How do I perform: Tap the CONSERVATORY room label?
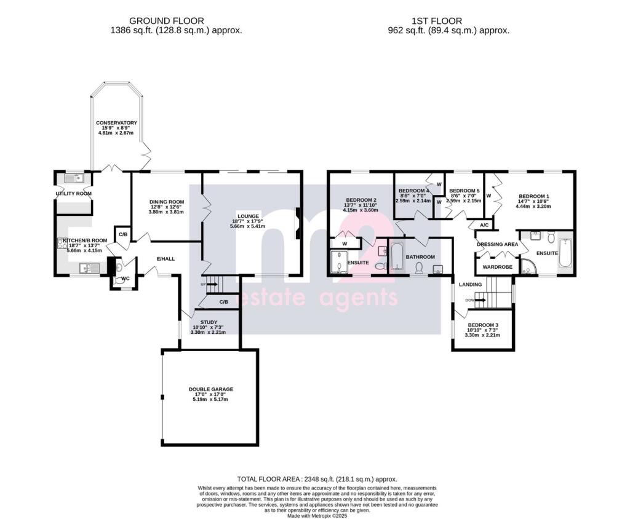116,123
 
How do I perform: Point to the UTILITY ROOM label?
73,194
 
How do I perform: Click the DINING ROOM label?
167,202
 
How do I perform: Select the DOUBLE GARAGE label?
211,389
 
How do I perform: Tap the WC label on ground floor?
126,279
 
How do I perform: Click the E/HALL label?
165,259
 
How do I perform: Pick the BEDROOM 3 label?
483,325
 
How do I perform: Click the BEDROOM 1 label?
533,196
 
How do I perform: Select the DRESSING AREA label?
498,245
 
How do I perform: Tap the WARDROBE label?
496,267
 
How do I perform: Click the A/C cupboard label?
484,226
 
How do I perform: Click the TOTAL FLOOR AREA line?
317,479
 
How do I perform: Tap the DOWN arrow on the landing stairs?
476,301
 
